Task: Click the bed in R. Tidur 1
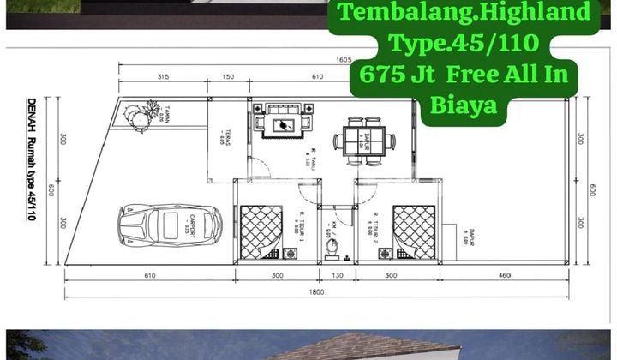click(262, 230)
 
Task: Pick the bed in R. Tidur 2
click(415, 230)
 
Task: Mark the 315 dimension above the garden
click(162, 77)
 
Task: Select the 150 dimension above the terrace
click(229, 77)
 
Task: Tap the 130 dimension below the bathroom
click(338, 276)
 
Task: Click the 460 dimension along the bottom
click(503, 276)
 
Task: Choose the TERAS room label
click(220, 135)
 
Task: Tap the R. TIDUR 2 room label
click(376, 223)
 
